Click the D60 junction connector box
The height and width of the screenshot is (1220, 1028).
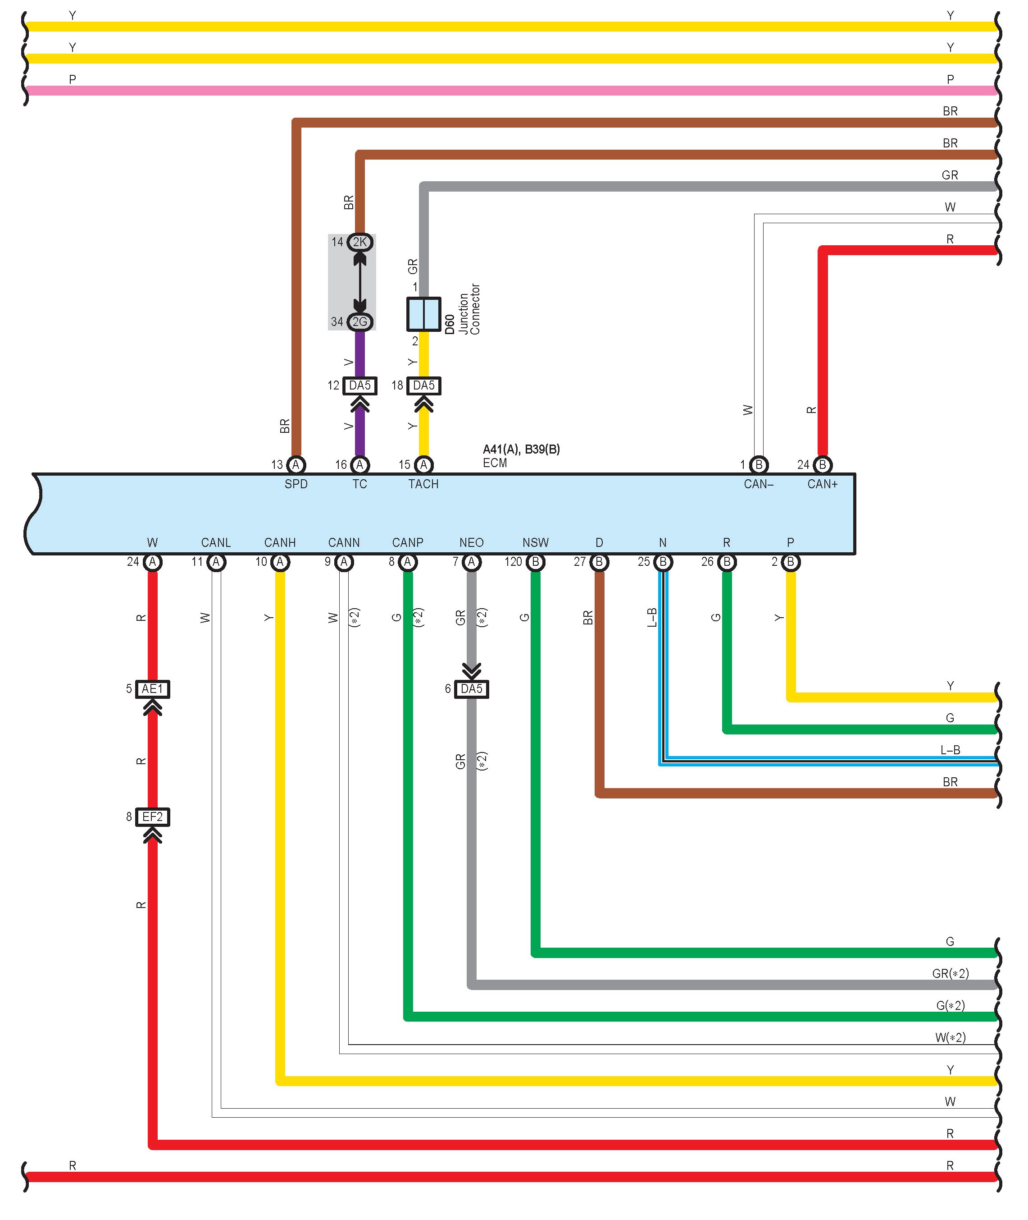(x=423, y=314)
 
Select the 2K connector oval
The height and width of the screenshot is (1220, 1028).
(x=359, y=242)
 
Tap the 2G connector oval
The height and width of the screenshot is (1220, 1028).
(x=359, y=321)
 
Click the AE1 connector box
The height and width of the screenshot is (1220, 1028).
(x=152, y=689)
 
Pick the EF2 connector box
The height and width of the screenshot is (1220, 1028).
(x=152, y=816)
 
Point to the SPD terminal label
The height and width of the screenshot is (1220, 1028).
(x=296, y=484)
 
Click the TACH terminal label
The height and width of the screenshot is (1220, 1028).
(x=423, y=484)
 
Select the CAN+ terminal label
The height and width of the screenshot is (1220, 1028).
(x=822, y=484)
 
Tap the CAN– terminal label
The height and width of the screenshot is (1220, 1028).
(x=758, y=484)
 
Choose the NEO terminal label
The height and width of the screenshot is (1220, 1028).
(x=472, y=542)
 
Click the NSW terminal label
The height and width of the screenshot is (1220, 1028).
(x=536, y=542)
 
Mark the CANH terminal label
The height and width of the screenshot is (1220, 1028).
(x=280, y=542)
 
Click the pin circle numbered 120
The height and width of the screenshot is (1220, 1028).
(x=536, y=562)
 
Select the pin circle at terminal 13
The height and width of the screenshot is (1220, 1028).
(x=296, y=465)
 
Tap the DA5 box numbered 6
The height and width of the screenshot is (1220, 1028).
(x=472, y=689)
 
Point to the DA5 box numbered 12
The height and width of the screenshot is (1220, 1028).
(x=359, y=385)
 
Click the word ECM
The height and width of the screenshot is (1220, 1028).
(x=495, y=463)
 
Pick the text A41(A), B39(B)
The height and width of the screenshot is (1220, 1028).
(x=521, y=449)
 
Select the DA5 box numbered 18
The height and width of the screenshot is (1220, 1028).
(x=423, y=385)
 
